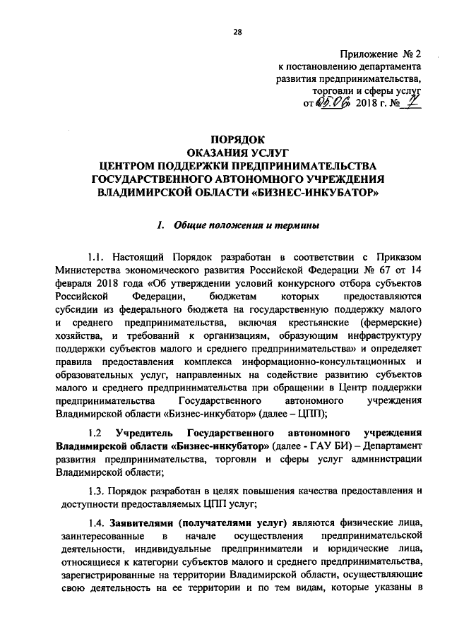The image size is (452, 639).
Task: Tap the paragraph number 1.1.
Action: click(x=97, y=258)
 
